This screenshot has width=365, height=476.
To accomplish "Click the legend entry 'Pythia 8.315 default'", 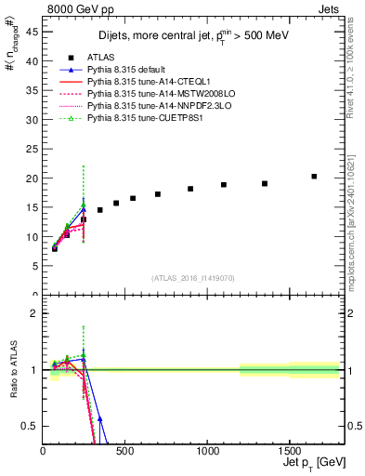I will pyautogui.click(x=129, y=70).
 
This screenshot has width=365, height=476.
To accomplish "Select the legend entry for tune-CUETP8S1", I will pyautogui.click(x=145, y=118).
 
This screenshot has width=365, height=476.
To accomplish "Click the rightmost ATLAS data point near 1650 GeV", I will pyautogui.click(x=314, y=176).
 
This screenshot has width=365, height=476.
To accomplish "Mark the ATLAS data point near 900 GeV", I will pyautogui.click(x=190, y=189).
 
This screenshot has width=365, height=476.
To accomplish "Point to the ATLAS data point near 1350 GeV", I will pyautogui.click(x=265, y=183).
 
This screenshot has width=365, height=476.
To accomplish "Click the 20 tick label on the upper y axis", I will pyautogui.click(x=33, y=178).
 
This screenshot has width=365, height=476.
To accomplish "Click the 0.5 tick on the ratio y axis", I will pyautogui.click(x=32, y=426).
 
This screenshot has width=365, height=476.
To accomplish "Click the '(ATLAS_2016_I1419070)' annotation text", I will pyautogui.click(x=192, y=277).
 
